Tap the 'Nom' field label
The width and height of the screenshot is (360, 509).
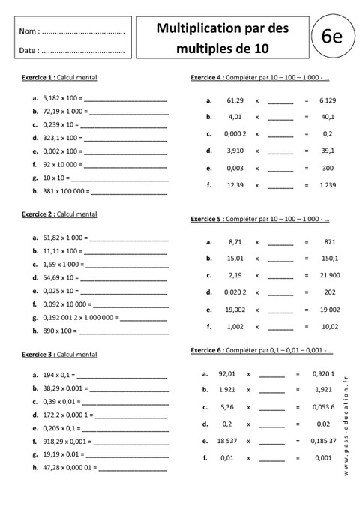tap(28, 32)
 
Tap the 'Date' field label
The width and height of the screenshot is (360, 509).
tap(28, 51)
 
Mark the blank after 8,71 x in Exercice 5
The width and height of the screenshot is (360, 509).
tap(280, 243)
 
